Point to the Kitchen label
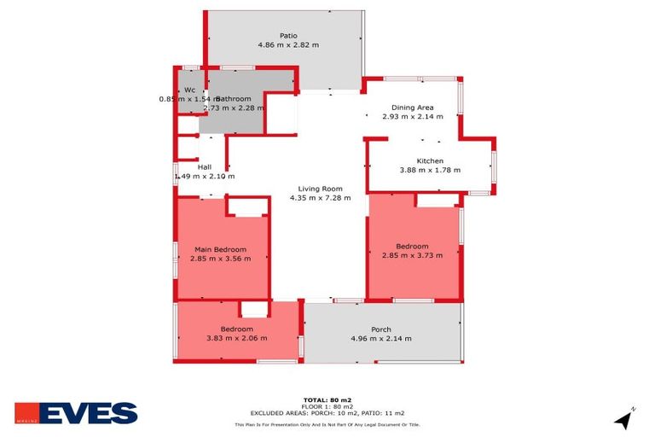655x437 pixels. [x=430, y=160]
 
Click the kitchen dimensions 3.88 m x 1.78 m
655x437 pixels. [x=430, y=170]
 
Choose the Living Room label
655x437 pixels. [x=320, y=189]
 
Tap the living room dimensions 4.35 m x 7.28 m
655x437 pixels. [x=320, y=198]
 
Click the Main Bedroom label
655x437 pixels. [x=220, y=249]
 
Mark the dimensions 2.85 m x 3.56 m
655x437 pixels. [x=220, y=259]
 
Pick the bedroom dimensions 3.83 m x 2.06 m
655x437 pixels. [x=236, y=338]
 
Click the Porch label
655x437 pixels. [x=380, y=329]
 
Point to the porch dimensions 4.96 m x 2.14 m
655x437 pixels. [x=380, y=339]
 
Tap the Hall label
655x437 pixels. [x=204, y=166]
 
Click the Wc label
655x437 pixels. [x=189, y=90]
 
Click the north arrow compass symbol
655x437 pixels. [x=624, y=419]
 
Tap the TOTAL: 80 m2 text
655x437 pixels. [x=327, y=399]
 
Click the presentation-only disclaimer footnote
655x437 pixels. [x=327, y=424]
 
